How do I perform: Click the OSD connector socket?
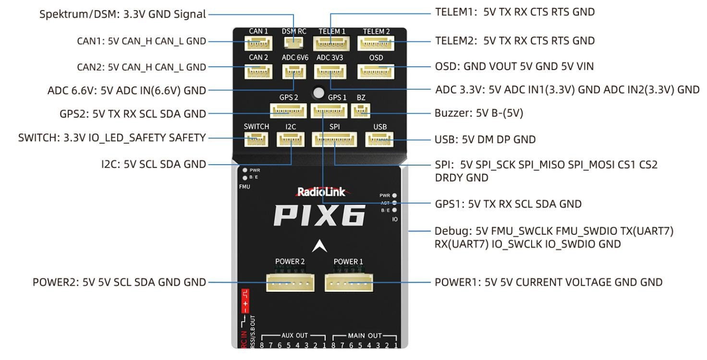click(x=376, y=71)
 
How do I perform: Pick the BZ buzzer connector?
click(x=361, y=111)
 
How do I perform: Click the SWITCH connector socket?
click(x=256, y=140)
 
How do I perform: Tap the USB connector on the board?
click(x=379, y=140)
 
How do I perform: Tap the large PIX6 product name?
click(x=319, y=215)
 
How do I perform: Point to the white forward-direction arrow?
click(x=319, y=246)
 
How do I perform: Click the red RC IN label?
click(x=244, y=338)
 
